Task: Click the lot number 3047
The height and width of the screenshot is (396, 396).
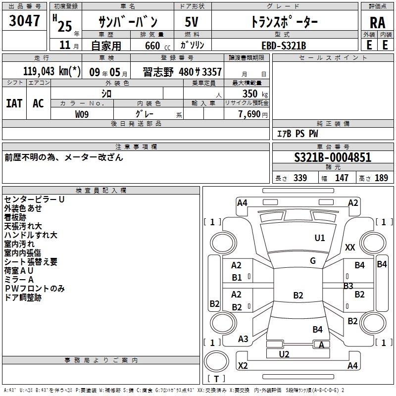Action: click(24, 21)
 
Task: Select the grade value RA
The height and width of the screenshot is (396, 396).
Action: click(377, 23)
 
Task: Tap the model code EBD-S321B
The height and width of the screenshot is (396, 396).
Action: click(284, 46)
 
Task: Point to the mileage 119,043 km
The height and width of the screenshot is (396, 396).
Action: click(52, 71)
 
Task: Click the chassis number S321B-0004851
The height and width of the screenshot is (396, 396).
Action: click(333, 157)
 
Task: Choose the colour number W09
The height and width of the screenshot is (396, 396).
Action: click(82, 114)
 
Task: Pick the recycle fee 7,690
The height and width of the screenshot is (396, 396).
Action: click(249, 114)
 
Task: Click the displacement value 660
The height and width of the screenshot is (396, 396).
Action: click(152, 46)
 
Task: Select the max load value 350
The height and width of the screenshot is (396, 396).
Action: click(250, 94)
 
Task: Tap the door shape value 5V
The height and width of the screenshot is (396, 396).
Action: click(192, 22)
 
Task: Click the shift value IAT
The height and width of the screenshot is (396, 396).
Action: click(14, 103)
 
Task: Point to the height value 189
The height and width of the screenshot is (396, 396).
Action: click(381, 178)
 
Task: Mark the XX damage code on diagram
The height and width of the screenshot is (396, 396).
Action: click(350, 247)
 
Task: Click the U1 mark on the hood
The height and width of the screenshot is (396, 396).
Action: click(320, 238)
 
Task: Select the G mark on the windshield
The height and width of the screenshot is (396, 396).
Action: click(313, 260)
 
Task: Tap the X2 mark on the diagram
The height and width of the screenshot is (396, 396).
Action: click(243, 365)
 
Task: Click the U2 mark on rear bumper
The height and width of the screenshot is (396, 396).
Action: click(284, 354)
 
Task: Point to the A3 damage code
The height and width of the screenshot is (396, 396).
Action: click(243, 339)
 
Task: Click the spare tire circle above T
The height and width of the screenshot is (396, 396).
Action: click(216, 362)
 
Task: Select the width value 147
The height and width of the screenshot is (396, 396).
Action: click(342, 178)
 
